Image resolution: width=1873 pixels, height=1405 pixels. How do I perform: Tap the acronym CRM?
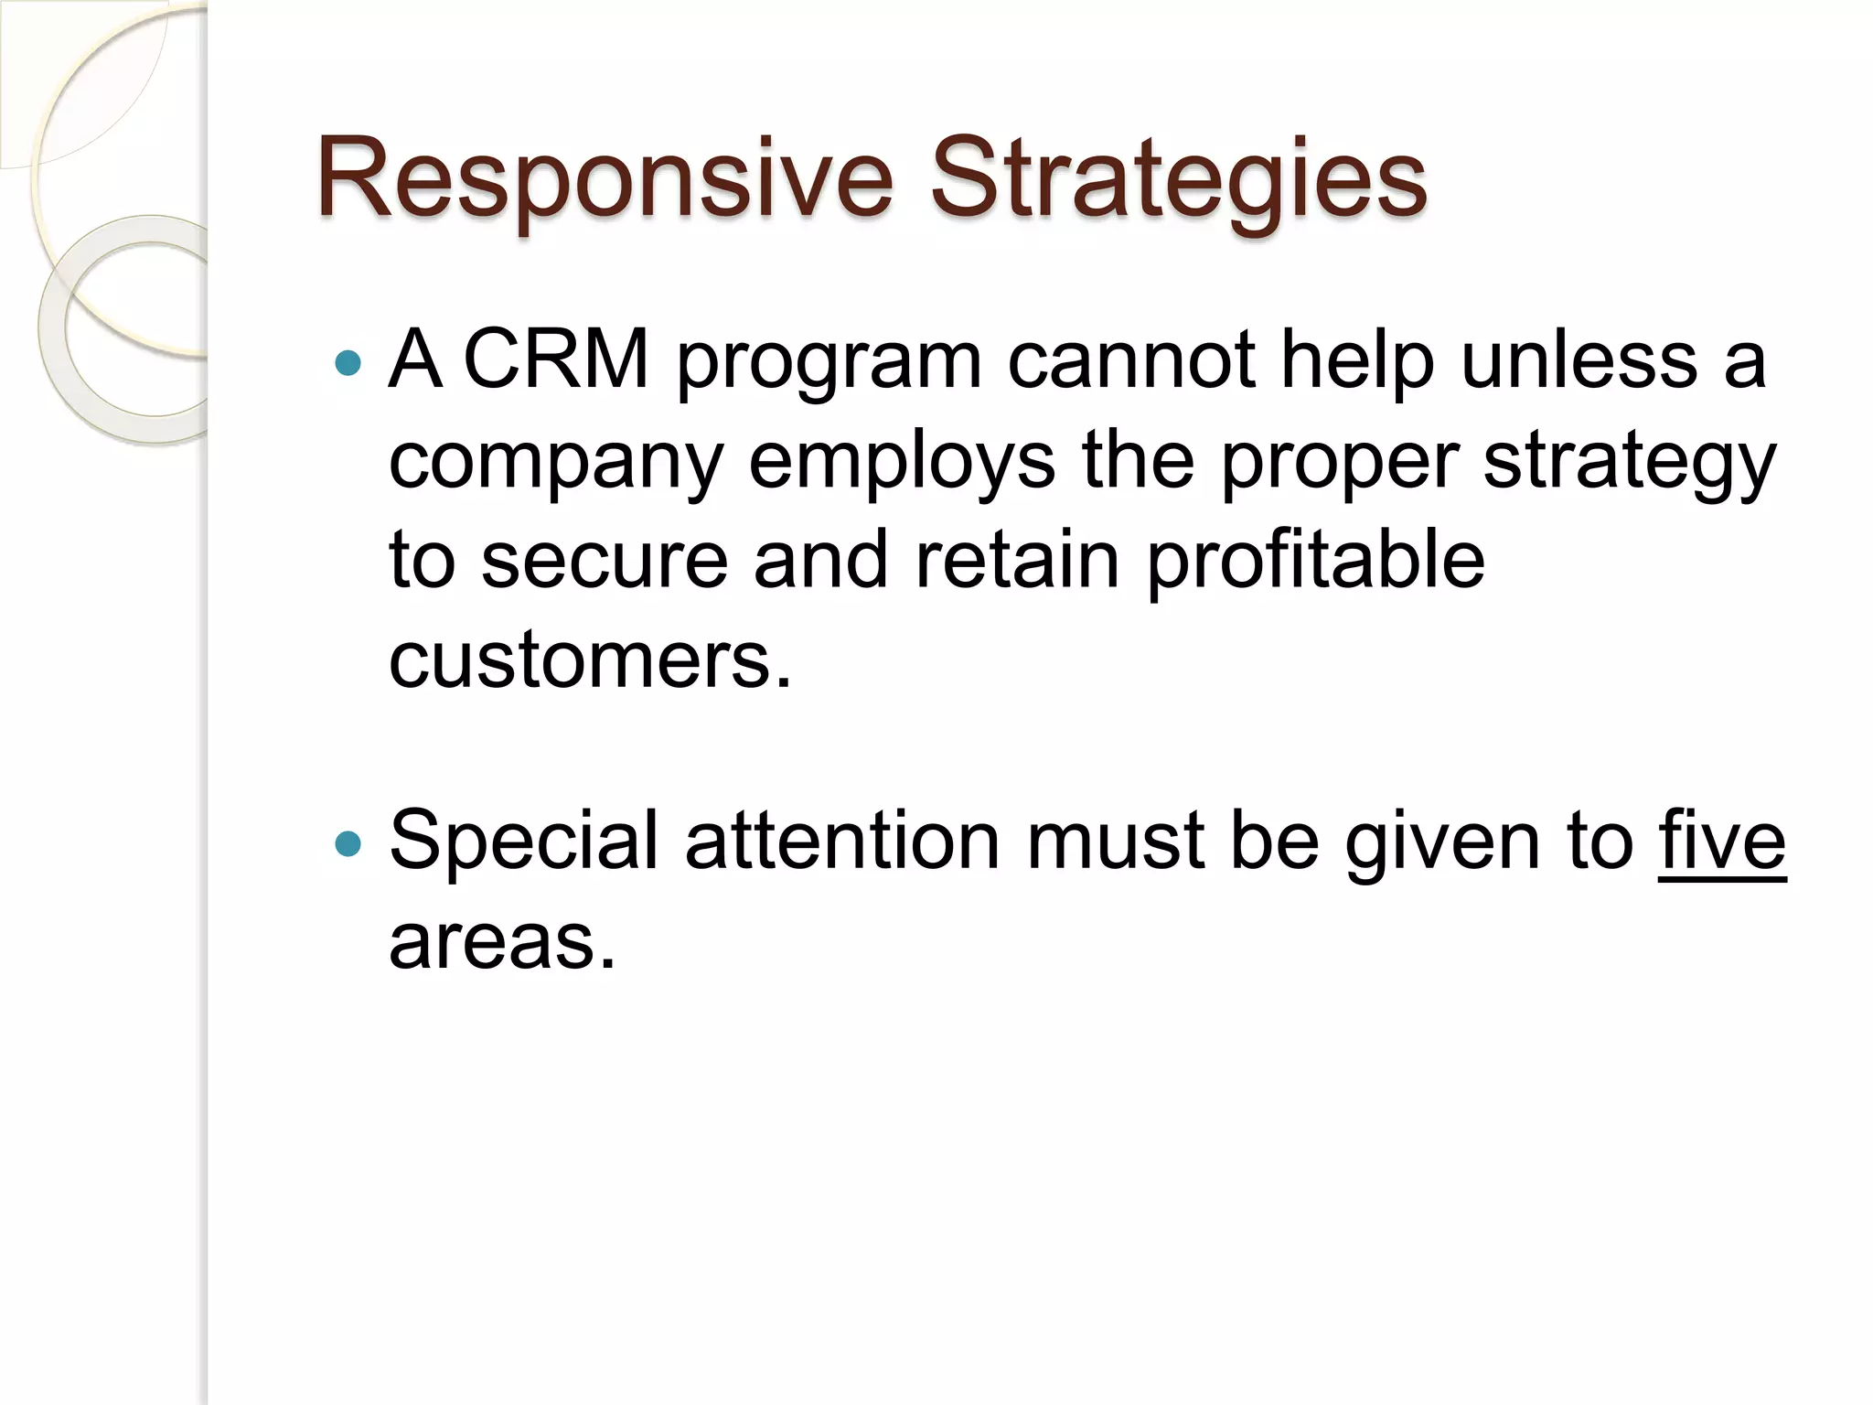pyautogui.click(x=556, y=359)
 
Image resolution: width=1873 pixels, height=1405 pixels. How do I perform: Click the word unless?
pyautogui.click(x=1579, y=359)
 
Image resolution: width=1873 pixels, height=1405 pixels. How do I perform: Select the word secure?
pyautogui.click(x=605, y=561)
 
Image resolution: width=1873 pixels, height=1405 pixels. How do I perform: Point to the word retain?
pyautogui.click(x=1017, y=561)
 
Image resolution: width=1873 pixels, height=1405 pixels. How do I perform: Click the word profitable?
pyautogui.click(x=1316, y=561)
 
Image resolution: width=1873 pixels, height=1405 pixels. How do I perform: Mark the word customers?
pyautogui.click(x=590, y=660)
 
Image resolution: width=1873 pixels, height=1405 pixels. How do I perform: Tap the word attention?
pyautogui.click(x=842, y=842)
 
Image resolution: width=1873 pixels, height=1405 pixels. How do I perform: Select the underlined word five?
pyautogui.click(x=1722, y=842)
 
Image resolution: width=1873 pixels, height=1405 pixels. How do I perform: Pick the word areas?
pyautogui.click(x=502, y=942)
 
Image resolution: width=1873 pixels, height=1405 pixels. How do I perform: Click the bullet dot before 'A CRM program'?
pyautogui.click(x=348, y=364)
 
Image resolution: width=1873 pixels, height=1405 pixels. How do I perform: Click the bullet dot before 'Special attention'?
pyautogui.click(x=348, y=843)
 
